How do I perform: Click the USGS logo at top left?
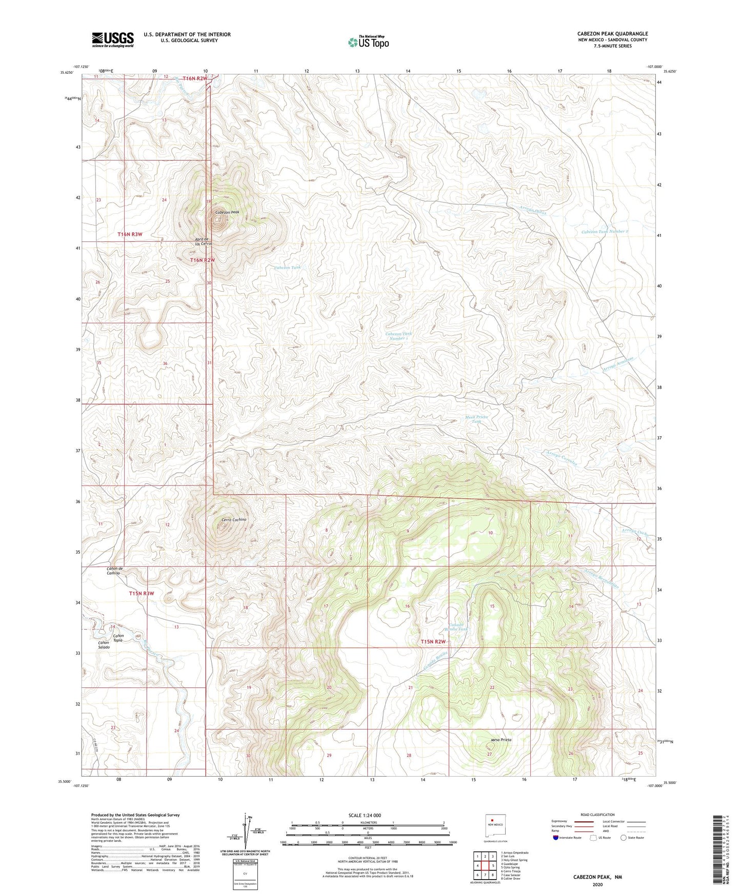pos(113,39)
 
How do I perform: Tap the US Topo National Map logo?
pos(368,42)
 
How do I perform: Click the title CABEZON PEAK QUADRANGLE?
pos(612,34)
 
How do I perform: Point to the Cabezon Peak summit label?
pos(227,212)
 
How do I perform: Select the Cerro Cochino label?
pos(234,520)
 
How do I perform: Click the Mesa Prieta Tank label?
pos(476,419)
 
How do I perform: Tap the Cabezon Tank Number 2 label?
pos(605,232)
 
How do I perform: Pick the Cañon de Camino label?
pos(114,571)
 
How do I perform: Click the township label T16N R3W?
pos(130,234)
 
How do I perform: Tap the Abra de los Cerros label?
pos(203,241)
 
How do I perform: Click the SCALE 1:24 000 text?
pos(365,815)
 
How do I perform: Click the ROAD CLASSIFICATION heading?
pos(598,815)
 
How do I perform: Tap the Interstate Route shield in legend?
pos(556,838)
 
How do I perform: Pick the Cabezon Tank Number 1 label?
pos(399,336)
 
